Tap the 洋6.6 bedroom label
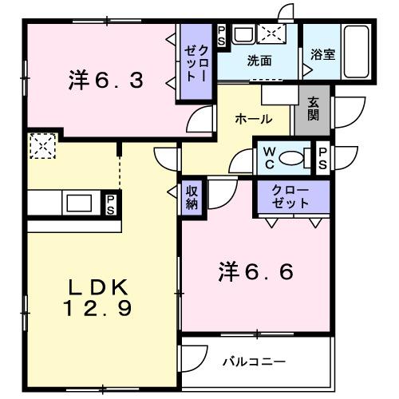pyautogui.click(x=255, y=272)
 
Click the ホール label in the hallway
pyautogui.click(x=253, y=119)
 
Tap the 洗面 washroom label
pyautogui.click(x=258, y=61)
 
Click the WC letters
pyautogui.click(x=268, y=156)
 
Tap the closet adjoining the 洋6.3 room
pyautogui.click(x=195, y=62)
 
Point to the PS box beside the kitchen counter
pyautogui.click(x=110, y=203)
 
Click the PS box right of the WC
pyautogui.click(x=322, y=156)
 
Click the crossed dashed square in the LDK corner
pyautogui.click(x=39, y=146)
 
